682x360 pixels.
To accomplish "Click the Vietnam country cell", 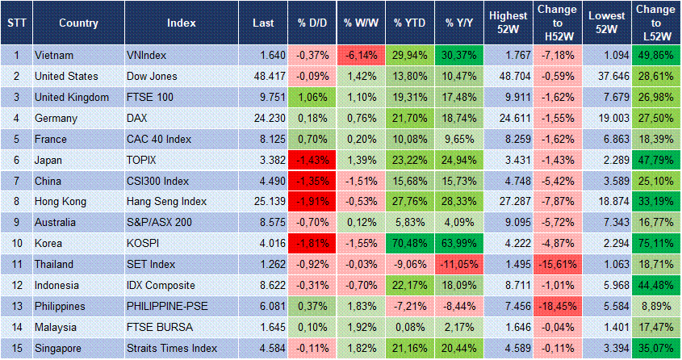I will pos(53,55).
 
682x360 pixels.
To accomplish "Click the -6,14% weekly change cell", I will pos(360,55).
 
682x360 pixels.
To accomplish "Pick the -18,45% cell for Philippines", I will pos(556,307).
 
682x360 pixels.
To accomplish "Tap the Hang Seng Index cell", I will pos(166,202).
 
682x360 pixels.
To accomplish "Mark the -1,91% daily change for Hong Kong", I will pos(311,202).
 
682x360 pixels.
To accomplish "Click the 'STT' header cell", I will pos(15,23).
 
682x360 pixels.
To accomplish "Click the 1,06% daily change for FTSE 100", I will pos(311,97).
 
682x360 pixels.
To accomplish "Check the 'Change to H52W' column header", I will pos(556,23).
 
